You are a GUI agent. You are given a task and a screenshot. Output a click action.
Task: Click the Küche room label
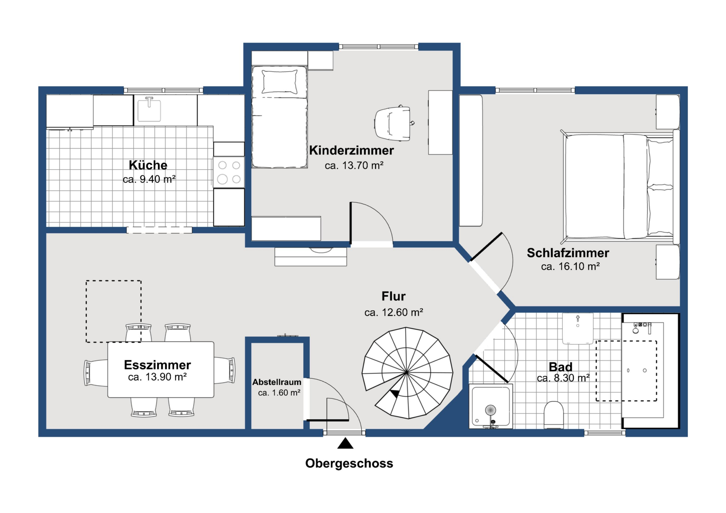(x=148, y=165)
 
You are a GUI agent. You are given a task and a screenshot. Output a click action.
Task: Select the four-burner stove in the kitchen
(x=229, y=172)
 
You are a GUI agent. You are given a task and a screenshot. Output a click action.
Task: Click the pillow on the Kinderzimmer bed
(x=279, y=82)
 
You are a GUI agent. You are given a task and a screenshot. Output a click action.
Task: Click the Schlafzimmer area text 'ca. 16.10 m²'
(x=570, y=266)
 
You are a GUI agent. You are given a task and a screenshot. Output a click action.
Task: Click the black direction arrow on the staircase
(x=395, y=394)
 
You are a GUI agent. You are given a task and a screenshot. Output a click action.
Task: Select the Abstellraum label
(x=277, y=382)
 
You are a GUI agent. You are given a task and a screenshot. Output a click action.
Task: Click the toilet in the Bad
(x=554, y=415)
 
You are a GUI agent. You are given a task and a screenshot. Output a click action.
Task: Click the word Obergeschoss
(x=349, y=463)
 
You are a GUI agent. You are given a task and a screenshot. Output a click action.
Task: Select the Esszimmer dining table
(x=161, y=370)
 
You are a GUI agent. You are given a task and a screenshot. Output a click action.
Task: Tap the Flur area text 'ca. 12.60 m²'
(x=394, y=313)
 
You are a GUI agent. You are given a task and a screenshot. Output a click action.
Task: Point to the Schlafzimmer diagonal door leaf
(x=486, y=247)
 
